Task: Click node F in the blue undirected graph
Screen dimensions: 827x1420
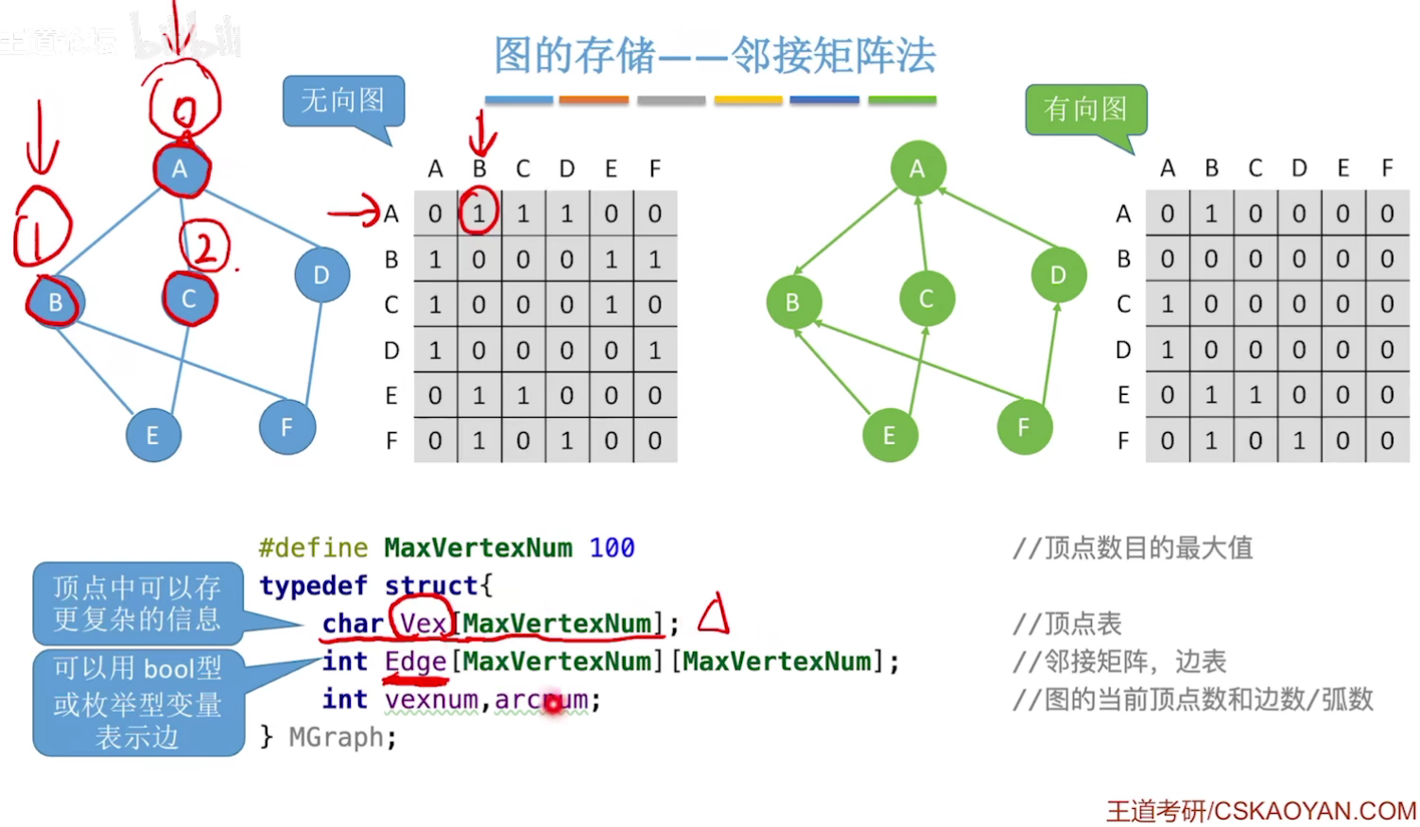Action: click(287, 426)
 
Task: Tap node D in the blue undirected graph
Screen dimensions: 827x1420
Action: click(321, 275)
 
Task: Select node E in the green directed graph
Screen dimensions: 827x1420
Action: click(890, 435)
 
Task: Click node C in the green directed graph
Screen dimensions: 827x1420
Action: click(926, 299)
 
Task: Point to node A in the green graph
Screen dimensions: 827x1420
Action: click(917, 168)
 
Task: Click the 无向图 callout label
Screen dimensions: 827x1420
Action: click(343, 100)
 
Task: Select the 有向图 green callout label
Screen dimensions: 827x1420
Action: click(1085, 110)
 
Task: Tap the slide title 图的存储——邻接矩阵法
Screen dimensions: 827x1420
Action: click(715, 56)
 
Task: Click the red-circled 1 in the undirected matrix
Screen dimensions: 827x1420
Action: click(478, 214)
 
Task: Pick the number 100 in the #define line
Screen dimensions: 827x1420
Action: click(612, 548)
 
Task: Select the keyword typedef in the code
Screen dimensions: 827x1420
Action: click(313, 586)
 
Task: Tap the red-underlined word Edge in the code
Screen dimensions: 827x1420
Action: click(415, 662)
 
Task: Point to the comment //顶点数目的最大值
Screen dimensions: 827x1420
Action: click(1132, 548)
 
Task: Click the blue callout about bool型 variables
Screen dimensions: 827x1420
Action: click(138, 702)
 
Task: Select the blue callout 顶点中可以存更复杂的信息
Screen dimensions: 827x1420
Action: click(137, 603)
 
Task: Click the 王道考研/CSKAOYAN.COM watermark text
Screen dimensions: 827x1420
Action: click(1261, 811)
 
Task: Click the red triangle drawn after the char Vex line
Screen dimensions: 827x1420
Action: click(714, 614)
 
